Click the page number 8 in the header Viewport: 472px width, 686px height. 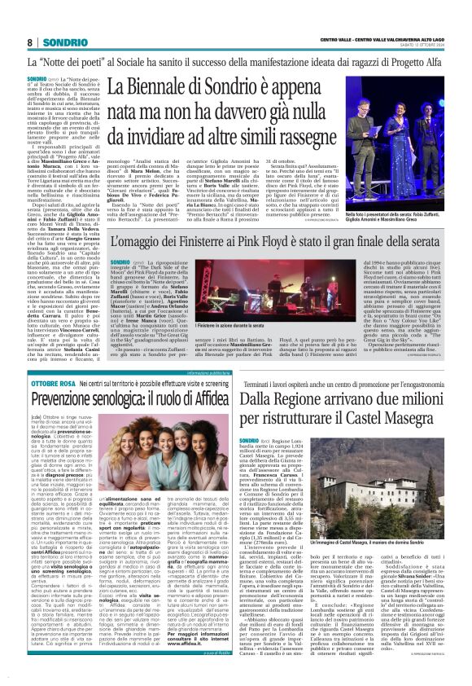pos(29,42)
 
